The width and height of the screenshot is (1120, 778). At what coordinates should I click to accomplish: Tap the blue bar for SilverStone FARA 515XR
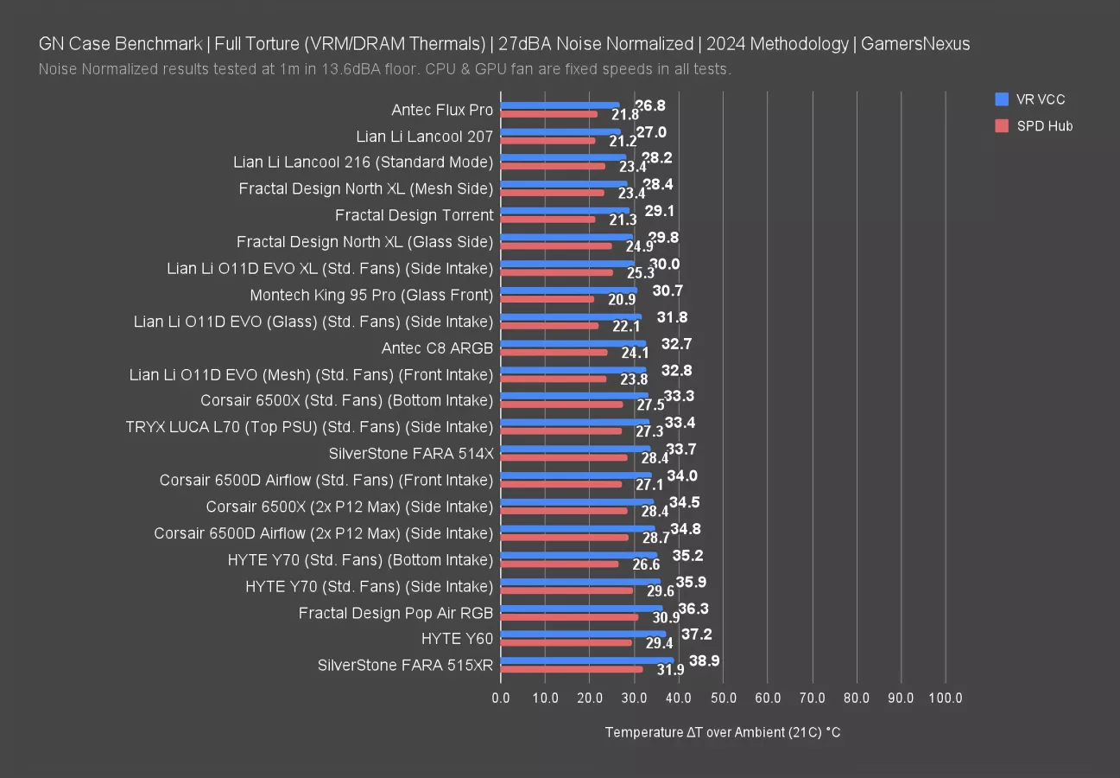(x=586, y=660)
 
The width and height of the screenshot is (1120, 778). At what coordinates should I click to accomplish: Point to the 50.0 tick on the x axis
(x=723, y=698)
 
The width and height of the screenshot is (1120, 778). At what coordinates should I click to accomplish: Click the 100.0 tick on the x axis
(x=945, y=698)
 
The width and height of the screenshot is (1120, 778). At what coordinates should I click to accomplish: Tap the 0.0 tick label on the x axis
(x=501, y=698)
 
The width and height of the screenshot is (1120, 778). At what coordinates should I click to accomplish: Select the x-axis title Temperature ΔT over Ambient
(x=723, y=732)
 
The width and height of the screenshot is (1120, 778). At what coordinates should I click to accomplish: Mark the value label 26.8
(x=650, y=105)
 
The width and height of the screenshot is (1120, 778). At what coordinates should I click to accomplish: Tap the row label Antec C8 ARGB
(x=437, y=348)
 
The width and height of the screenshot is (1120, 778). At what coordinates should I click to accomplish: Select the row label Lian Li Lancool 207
(x=424, y=137)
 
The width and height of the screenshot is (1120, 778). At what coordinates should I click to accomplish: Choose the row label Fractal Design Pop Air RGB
(x=395, y=613)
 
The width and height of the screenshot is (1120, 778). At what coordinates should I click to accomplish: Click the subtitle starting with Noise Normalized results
(x=385, y=69)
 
